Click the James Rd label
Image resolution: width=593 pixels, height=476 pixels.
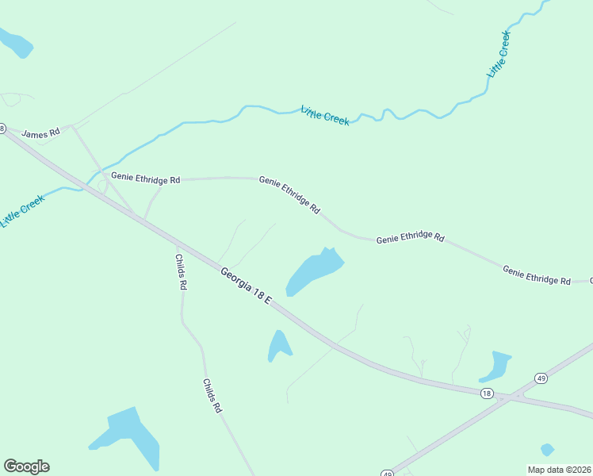[x=40, y=133]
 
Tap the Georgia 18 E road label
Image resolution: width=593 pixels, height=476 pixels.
[x=246, y=286]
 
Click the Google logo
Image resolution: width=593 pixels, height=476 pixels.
[x=26, y=466]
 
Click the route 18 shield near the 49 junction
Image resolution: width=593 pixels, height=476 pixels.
[x=487, y=393]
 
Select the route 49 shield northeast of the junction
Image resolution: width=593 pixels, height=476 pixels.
[x=540, y=378]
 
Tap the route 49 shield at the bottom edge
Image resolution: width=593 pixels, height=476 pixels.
[x=387, y=473]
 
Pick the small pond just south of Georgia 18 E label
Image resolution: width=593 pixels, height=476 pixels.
[x=278, y=346]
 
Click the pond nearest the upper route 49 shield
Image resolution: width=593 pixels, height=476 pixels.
[x=496, y=366]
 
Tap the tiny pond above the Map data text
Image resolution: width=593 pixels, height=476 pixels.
[x=547, y=449]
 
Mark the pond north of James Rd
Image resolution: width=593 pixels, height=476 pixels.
[x=16, y=43]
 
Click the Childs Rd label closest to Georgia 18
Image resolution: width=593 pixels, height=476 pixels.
[x=182, y=272]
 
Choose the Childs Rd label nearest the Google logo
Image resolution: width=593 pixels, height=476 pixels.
[x=211, y=395]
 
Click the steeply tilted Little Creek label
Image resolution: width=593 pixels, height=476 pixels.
[x=499, y=54]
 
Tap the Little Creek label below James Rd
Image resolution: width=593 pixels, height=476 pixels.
[x=22, y=211]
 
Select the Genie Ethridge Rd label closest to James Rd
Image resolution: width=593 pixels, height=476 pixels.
[x=146, y=179]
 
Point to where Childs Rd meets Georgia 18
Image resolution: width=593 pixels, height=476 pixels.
[x=176, y=244]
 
